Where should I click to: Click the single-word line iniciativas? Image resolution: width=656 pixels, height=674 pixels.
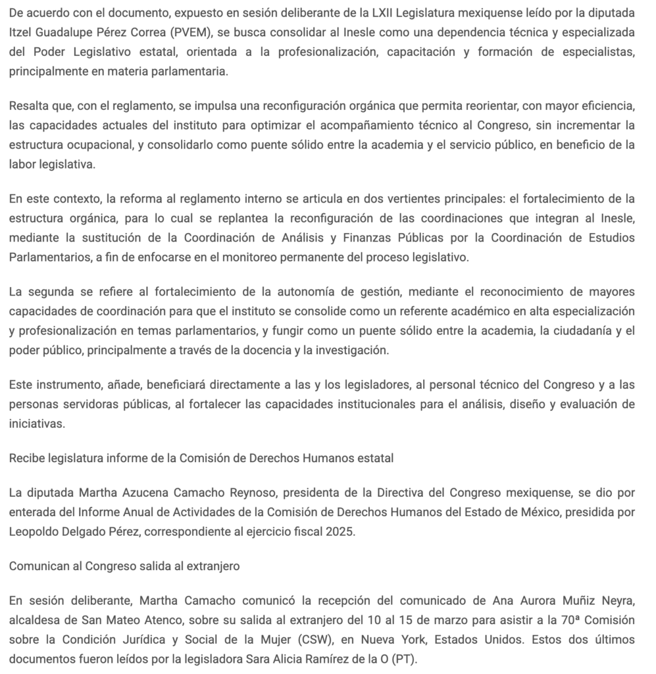(x=37, y=424)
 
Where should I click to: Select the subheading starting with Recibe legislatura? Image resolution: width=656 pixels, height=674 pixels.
(x=201, y=458)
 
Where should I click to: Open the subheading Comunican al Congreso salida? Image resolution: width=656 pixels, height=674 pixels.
(x=124, y=565)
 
